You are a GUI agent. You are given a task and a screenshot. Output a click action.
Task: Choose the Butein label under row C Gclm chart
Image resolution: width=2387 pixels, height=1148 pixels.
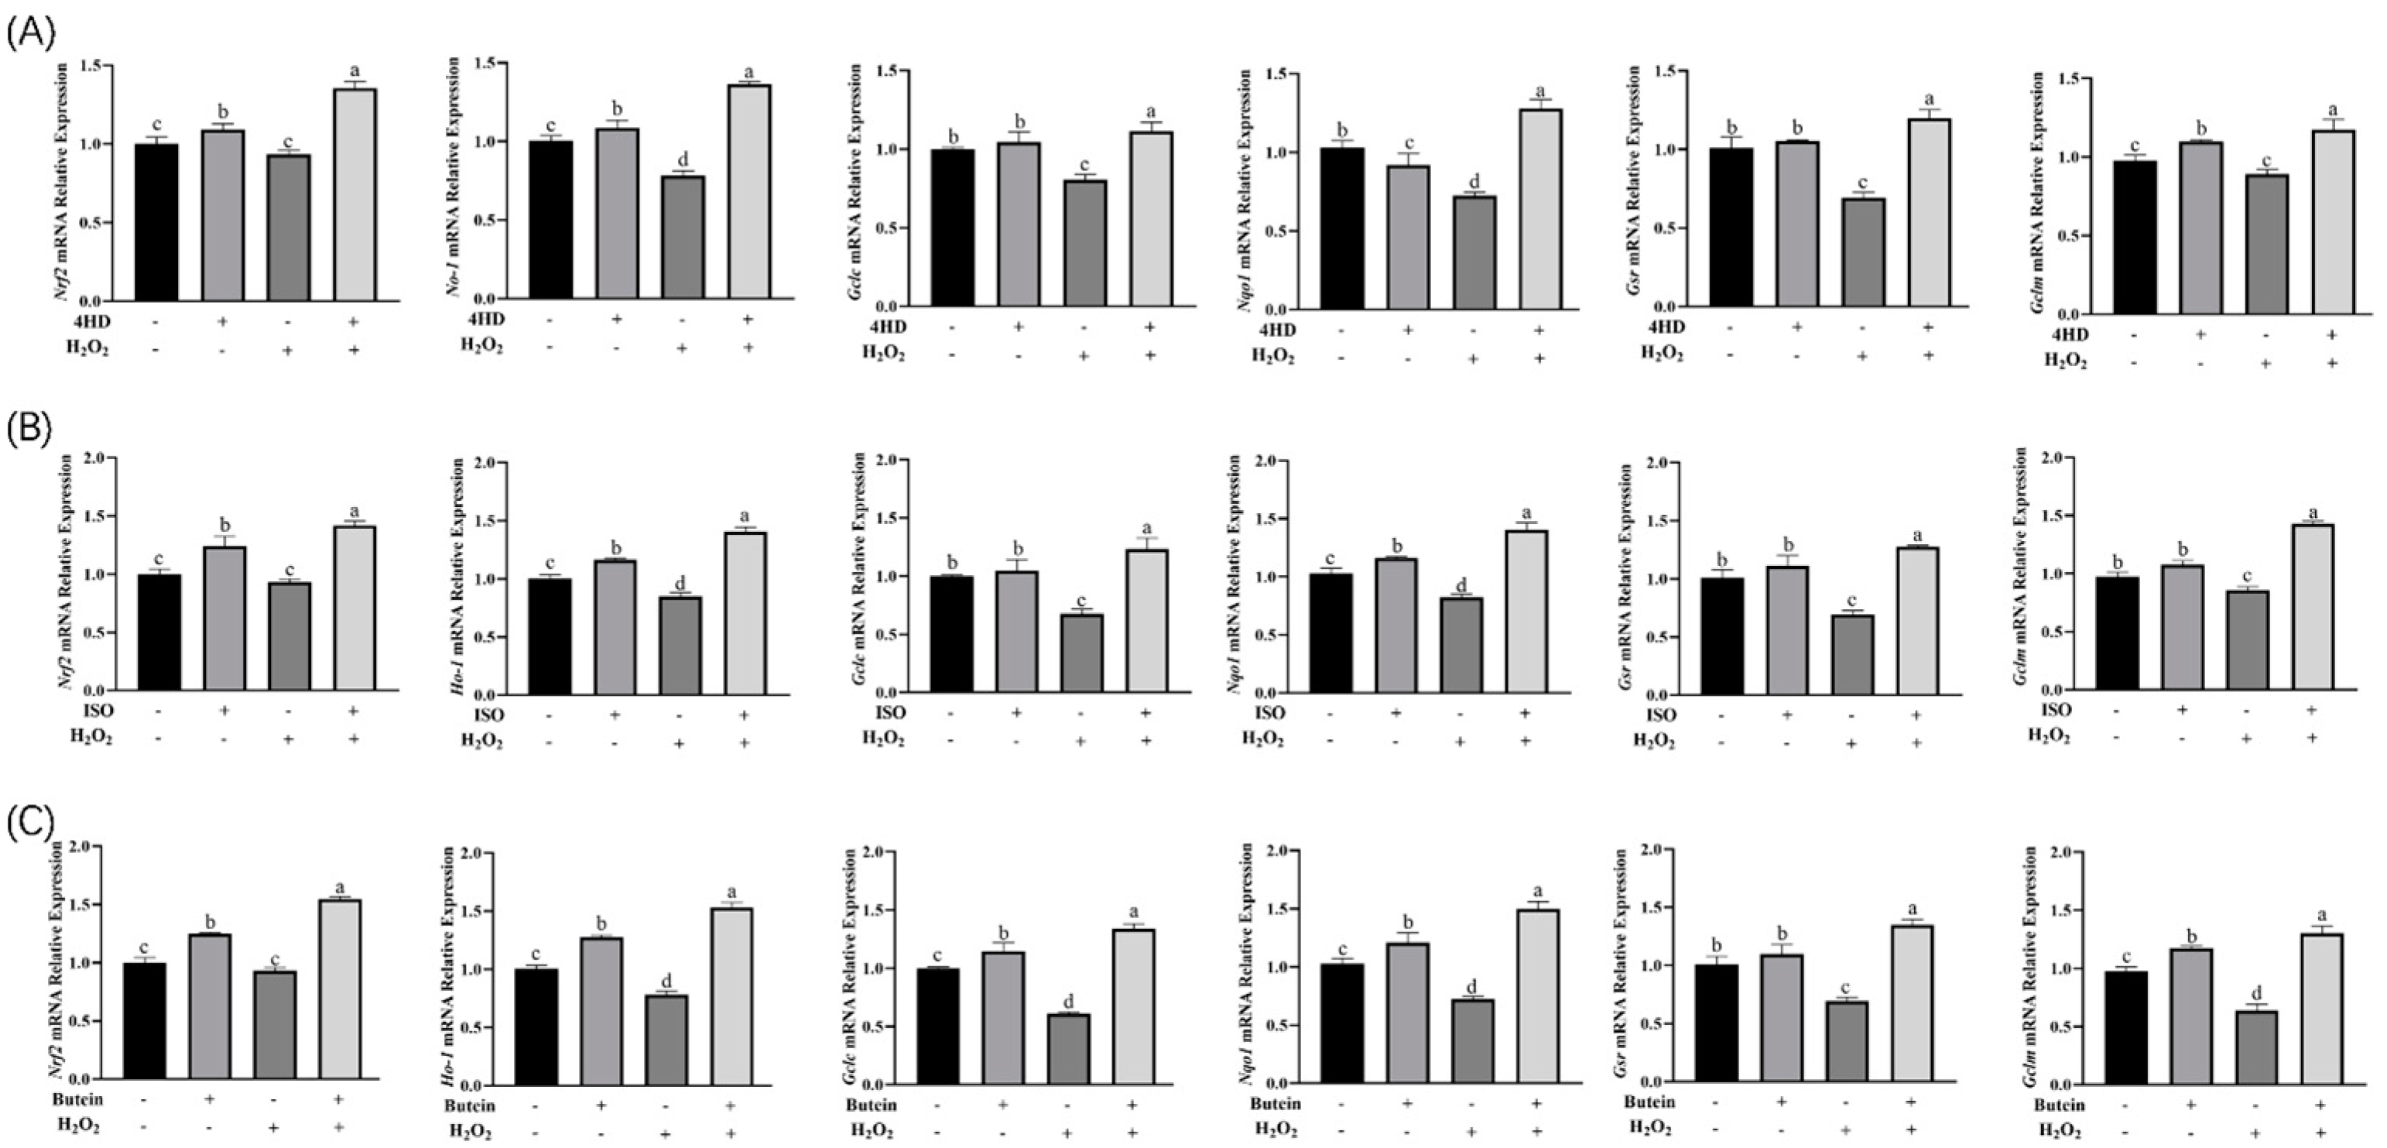click(x=2059, y=1105)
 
